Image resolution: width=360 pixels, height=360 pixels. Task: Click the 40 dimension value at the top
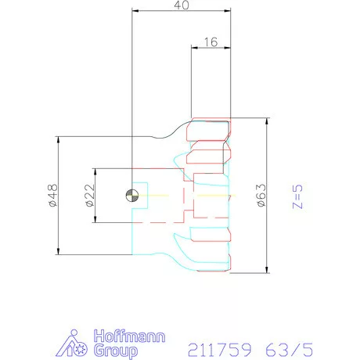point(182,5)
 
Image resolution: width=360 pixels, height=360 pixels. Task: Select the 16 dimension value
point(211,42)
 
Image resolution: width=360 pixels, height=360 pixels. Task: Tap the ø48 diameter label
point(53,195)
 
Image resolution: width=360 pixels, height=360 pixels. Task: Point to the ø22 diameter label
point(90,196)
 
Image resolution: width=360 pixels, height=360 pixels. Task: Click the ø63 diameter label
point(261,196)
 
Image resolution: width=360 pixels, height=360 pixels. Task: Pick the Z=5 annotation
point(297,196)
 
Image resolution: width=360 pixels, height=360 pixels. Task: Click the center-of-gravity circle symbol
point(132,196)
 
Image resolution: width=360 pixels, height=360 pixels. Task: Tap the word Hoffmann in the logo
point(129,337)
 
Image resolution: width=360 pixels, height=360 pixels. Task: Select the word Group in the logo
point(116,351)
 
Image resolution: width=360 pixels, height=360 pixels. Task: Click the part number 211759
point(220,350)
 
